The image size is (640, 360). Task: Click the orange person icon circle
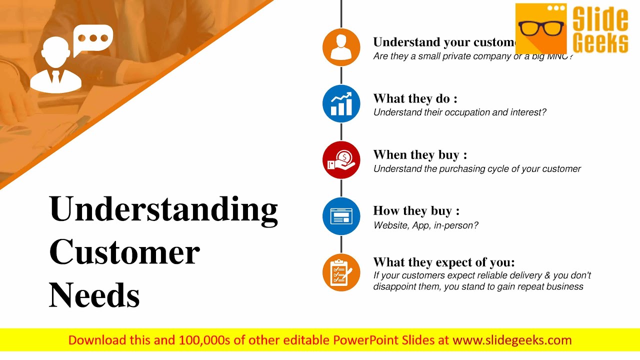pyautogui.click(x=341, y=47)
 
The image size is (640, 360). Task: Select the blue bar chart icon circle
pyautogui.click(x=341, y=103)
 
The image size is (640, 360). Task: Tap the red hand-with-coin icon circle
pyautogui.click(x=341, y=160)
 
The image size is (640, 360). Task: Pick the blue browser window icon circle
pyautogui.click(x=341, y=216)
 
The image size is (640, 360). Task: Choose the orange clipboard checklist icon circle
pyautogui.click(x=341, y=272)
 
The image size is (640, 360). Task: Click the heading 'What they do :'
pyautogui.click(x=415, y=98)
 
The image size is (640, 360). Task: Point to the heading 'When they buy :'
pyautogui.click(x=420, y=155)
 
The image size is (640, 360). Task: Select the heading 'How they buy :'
pyautogui.click(x=416, y=211)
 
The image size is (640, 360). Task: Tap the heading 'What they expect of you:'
pyautogui.click(x=444, y=262)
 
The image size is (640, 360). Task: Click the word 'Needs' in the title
pyautogui.click(x=94, y=295)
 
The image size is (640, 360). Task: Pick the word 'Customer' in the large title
pyautogui.click(x=124, y=252)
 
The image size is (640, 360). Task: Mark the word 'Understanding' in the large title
pyautogui.click(x=163, y=209)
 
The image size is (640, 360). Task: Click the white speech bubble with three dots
pyautogui.click(x=93, y=39)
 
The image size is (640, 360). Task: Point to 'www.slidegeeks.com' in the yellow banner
pyautogui.click(x=512, y=340)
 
